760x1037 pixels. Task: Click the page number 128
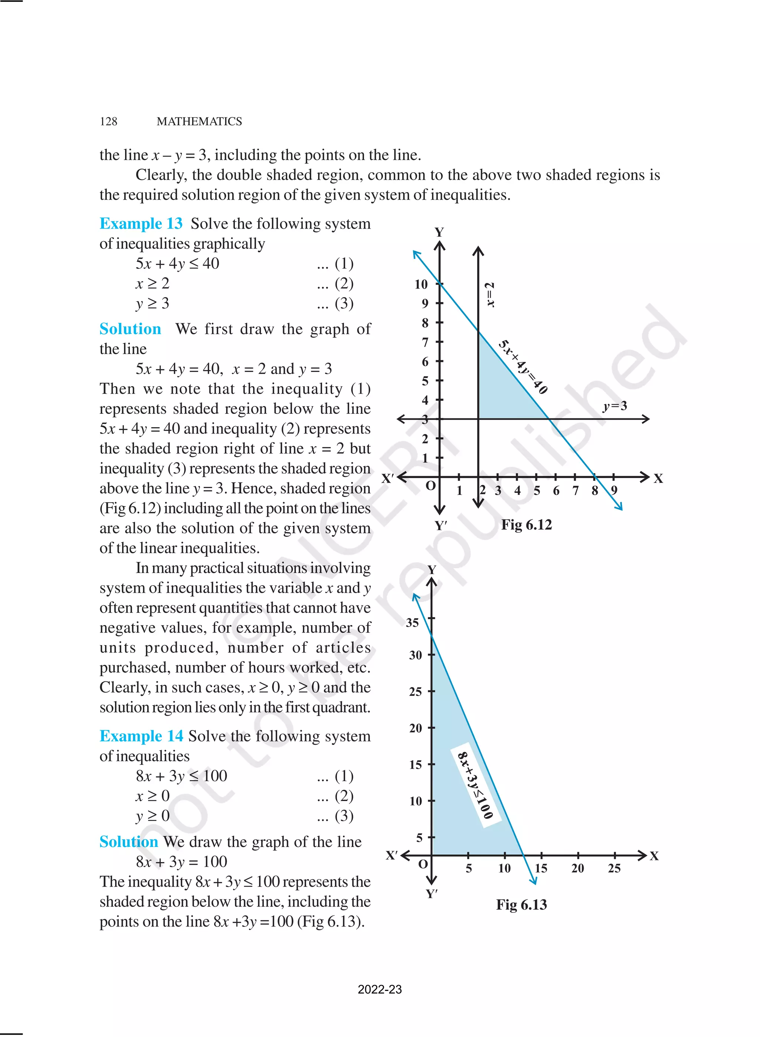point(109,121)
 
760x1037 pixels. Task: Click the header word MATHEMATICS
point(199,121)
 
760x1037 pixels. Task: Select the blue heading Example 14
point(141,736)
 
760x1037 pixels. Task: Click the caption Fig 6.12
point(526,524)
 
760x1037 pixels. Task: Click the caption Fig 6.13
point(521,904)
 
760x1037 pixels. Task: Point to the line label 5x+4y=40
point(523,367)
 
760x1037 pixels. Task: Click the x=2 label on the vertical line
point(491,295)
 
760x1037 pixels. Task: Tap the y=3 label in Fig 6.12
point(615,406)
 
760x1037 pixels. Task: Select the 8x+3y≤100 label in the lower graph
point(475,785)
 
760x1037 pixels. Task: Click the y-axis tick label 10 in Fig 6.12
point(420,284)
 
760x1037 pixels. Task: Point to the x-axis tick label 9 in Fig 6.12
point(614,490)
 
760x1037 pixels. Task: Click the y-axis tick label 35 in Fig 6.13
point(412,623)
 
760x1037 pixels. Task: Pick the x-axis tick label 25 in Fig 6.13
point(614,868)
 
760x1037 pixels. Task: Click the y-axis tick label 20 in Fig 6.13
point(415,728)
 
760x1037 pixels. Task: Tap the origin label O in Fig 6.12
point(430,486)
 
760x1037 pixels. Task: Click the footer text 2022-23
point(380,989)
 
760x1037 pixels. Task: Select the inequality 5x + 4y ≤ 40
point(178,264)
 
